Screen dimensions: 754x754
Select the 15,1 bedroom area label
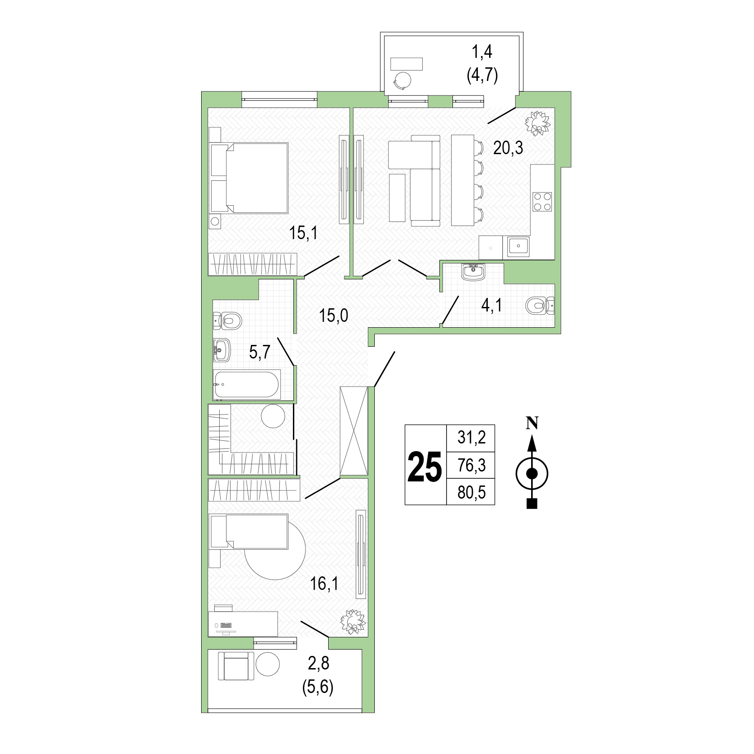click(304, 233)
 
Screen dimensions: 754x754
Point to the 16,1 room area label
click(324, 584)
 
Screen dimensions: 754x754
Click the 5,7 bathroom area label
click(260, 352)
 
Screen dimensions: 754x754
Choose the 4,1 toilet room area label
click(491, 306)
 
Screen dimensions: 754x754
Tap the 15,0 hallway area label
click(334, 316)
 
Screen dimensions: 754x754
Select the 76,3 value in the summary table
click(471, 465)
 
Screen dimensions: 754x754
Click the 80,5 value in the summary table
click(471, 492)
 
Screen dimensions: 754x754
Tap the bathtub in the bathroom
click(247, 385)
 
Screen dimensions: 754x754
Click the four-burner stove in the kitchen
click(542, 202)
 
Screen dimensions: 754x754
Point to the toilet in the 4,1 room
click(540, 306)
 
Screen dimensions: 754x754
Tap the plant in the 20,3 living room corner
click(538, 122)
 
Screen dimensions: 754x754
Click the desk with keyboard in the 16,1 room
click(243, 623)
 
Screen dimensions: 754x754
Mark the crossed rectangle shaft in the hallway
click(354, 431)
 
